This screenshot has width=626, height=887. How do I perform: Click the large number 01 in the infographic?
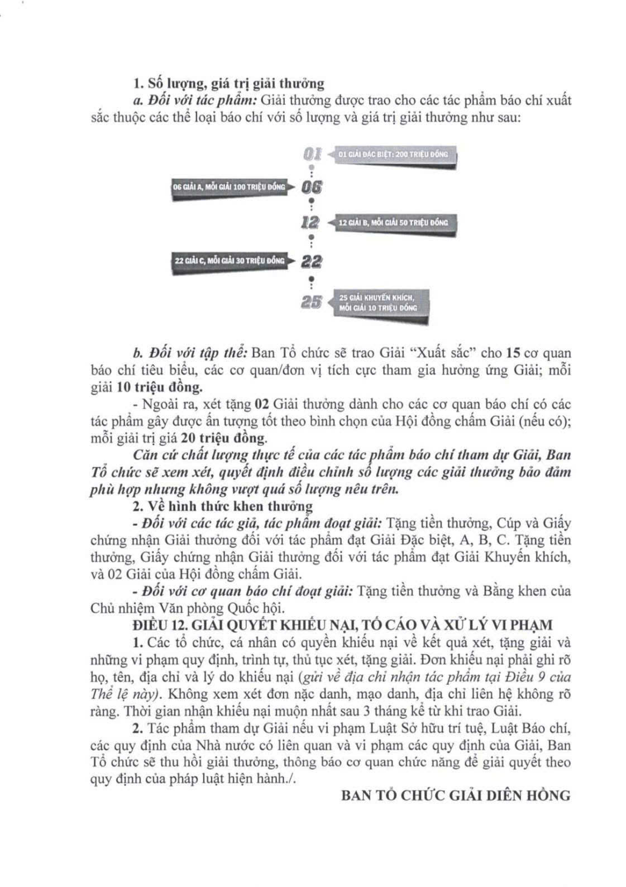point(312,154)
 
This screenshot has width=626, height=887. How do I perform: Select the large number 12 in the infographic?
point(310,222)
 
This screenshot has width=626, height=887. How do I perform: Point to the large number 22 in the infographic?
point(312,261)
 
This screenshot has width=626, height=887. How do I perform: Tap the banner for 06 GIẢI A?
point(229,187)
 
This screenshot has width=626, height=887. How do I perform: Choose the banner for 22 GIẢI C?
point(230,261)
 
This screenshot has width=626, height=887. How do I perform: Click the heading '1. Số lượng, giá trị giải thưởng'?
point(228,83)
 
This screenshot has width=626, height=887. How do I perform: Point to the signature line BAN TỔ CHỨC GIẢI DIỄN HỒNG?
point(456,795)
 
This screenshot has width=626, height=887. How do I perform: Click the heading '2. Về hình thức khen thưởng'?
point(222,506)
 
